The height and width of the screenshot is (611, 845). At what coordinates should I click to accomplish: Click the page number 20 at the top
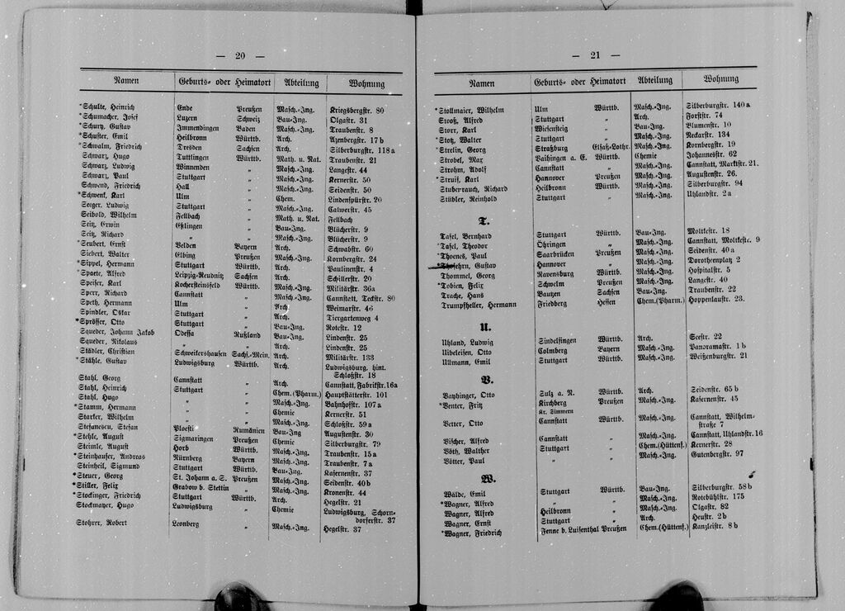point(239,56)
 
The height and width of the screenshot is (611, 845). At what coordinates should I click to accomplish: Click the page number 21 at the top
point(595,55)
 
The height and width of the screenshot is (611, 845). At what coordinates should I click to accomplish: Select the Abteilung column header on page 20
point(301,83)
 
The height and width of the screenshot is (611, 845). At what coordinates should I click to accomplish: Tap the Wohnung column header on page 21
point(720,79)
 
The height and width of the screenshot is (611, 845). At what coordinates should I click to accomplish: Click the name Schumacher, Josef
point(109,118)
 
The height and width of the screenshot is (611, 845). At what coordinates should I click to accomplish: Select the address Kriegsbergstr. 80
point(356,110)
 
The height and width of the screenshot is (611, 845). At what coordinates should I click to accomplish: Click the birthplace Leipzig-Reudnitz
point(200,276)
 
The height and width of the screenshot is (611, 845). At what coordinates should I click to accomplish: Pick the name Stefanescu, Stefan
point(107,427)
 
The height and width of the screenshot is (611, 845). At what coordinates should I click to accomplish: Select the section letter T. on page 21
point(485,221)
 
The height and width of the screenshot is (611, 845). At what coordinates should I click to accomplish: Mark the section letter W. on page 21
point(488,478)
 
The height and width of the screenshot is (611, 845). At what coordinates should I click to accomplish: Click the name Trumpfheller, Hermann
point(478,305)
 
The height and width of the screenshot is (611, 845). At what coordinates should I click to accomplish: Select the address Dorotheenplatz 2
point(713,260)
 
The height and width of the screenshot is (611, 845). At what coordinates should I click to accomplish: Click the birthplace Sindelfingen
point(557,340)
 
